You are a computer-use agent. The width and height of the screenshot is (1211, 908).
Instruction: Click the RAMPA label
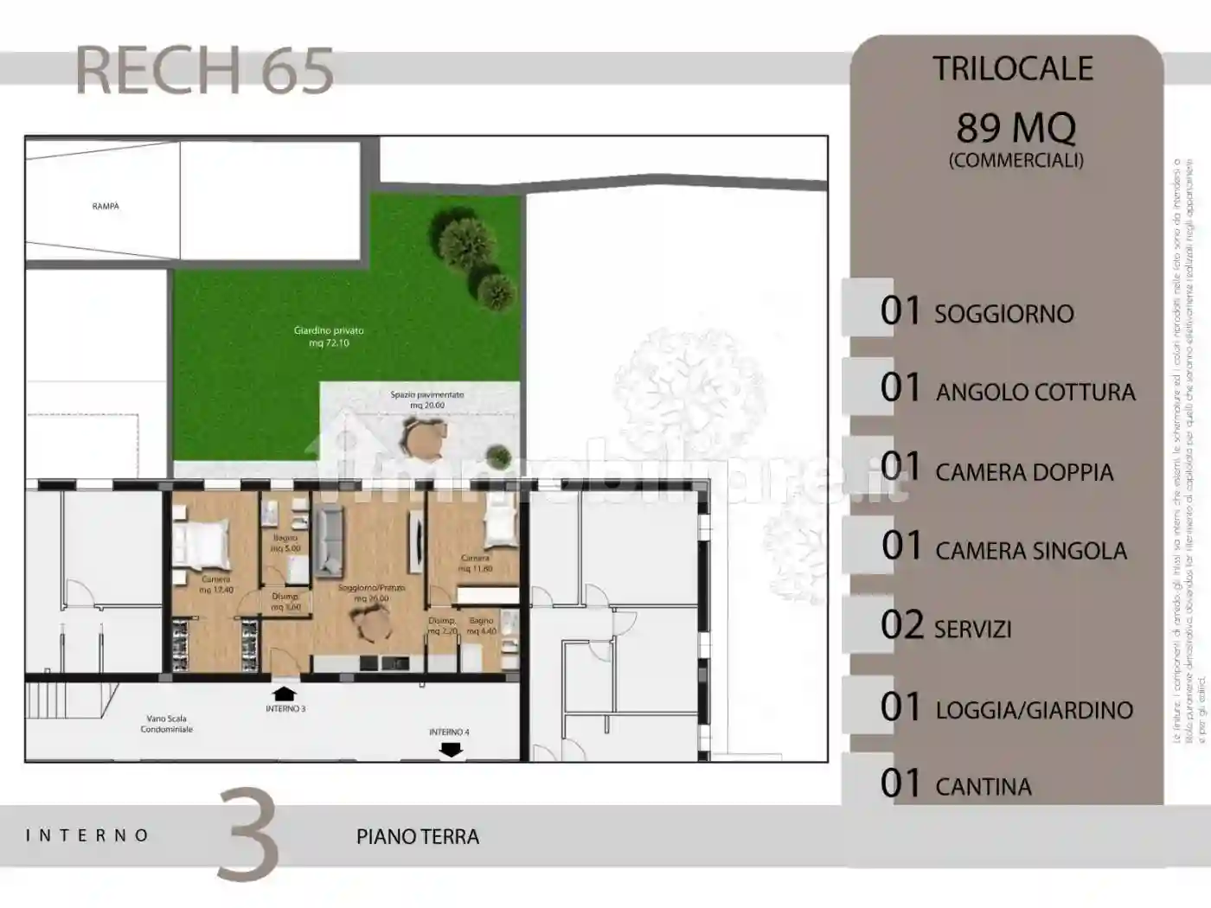106,207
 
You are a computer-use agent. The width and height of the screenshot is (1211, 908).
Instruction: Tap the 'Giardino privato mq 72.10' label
328,336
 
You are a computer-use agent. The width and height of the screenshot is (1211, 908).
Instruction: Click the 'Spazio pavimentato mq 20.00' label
426,400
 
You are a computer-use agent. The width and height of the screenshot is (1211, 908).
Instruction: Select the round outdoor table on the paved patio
425,439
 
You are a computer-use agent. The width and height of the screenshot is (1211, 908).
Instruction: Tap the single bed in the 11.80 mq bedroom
500,527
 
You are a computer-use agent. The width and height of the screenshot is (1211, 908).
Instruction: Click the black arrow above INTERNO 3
284,693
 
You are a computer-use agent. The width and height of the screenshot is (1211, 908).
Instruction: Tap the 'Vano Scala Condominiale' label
166,724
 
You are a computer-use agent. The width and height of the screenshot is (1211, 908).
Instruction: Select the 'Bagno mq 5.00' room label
285,543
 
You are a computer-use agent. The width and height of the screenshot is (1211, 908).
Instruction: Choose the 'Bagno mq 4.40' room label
481,626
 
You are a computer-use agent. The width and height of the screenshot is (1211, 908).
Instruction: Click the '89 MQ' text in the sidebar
1016,128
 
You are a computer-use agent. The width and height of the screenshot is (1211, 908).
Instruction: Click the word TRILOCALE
1012,69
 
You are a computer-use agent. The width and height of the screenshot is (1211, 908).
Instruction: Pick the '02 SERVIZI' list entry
946,627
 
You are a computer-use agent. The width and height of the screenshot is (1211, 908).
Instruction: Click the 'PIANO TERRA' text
418,837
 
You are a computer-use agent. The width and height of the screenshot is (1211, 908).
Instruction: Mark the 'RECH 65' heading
205,71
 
